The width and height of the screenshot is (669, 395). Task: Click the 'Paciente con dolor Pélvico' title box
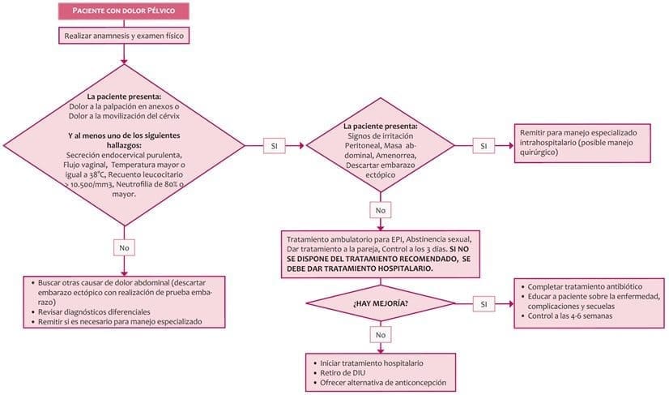(x=123, y=11)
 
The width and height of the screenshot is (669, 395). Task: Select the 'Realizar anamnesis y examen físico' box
(x=123, y=36)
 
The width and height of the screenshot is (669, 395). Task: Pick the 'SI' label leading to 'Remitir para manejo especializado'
(x=484, y=146)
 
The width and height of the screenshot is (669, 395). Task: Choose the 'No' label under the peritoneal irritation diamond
(x=380, y=209)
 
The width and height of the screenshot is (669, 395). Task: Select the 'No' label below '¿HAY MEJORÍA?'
(x=380, y=334)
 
